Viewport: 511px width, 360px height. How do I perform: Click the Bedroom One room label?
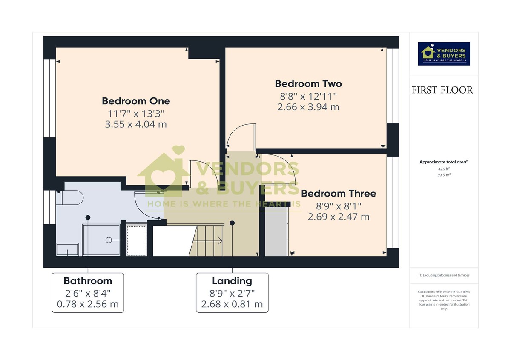(136, 101)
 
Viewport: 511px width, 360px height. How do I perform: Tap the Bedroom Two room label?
(308, 83)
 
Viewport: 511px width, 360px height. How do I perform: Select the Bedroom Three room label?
(339, 194)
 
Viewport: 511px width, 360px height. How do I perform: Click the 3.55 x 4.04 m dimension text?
(136, 124)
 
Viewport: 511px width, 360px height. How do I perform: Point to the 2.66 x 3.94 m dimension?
(308, 107)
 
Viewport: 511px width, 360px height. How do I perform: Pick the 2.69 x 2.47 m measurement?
(339, 217)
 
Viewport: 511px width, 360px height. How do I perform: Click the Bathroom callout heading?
(88, 281)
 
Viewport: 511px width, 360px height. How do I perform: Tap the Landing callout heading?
(232, 281)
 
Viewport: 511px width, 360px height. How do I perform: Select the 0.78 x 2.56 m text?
(88, 304)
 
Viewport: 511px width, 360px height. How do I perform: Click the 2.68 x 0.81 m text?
(232, 304)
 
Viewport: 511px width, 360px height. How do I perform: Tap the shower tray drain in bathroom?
(107, 240)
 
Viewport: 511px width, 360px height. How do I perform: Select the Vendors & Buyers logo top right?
(444, 53)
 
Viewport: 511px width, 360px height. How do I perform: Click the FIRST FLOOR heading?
(442, 90)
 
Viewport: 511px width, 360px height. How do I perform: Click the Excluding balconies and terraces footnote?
(444, 275)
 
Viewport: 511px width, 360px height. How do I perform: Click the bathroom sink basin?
(67, 249)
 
